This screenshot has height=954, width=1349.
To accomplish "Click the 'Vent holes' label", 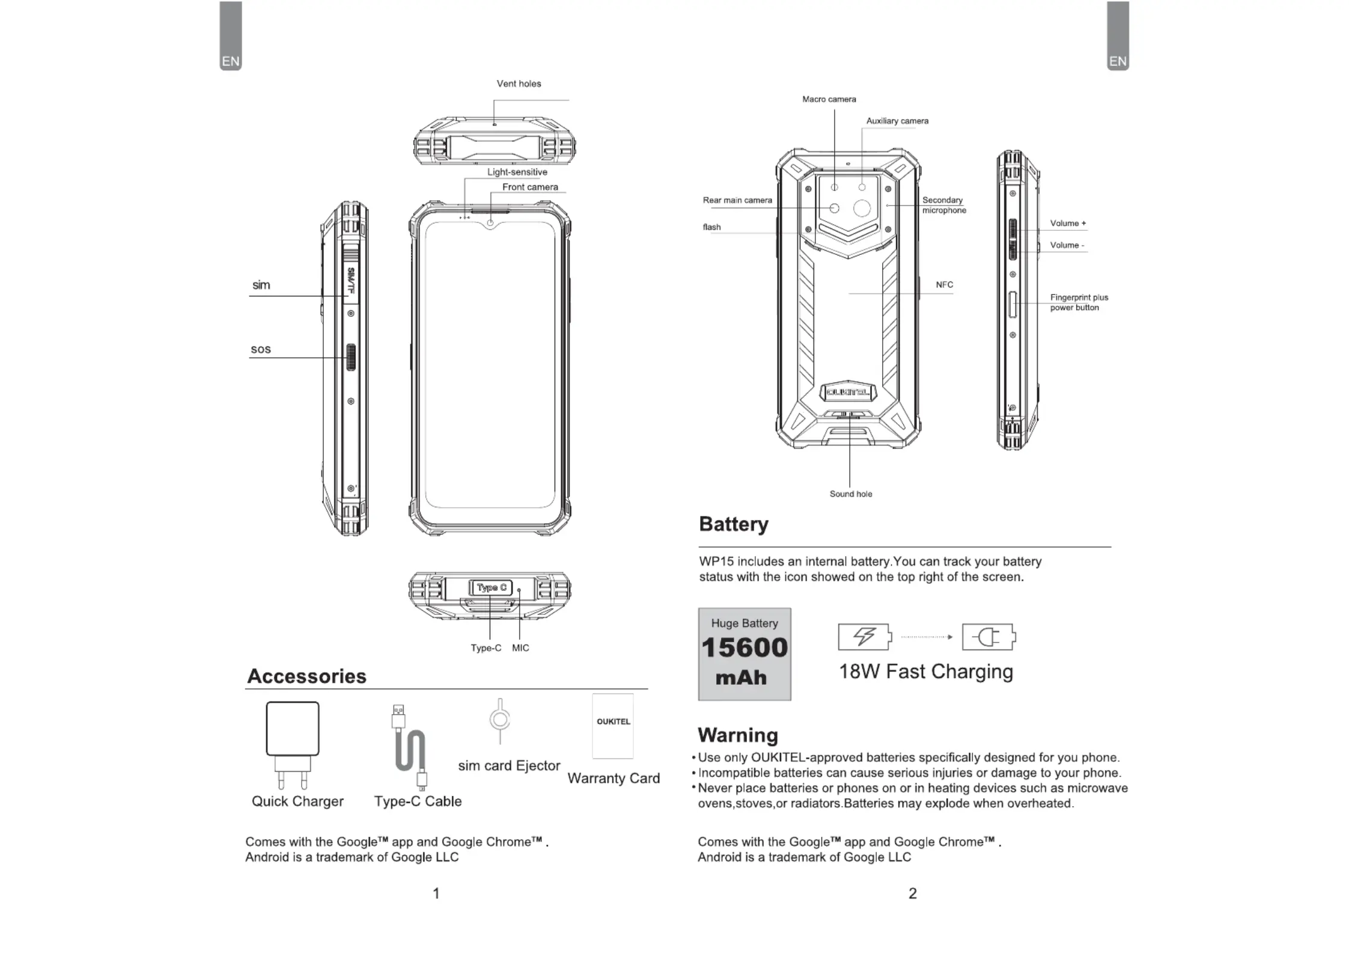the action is coord(519,84).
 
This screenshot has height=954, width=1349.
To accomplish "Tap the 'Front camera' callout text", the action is coord(530,187).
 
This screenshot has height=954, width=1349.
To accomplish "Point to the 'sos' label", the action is coord(261,349).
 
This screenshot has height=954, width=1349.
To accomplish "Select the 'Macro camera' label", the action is coord(829,99).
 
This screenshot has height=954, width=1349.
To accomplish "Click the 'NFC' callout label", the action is coord(944,285).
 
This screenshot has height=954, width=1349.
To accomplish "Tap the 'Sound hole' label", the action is coord(851,494).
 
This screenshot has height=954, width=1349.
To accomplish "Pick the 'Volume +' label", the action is coord(1068,223).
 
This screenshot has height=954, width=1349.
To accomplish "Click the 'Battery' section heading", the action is coord(734,524).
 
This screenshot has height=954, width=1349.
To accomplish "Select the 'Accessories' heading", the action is coord(306,676).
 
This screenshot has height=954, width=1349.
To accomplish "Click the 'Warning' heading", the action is coord(738,735).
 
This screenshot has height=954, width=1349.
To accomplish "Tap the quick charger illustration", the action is coord(293,745).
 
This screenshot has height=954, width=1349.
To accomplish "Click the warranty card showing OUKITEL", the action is coord(613,726).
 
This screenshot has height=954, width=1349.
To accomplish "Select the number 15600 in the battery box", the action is coord(745,647).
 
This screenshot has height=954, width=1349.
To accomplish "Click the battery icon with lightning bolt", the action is coord(865,637).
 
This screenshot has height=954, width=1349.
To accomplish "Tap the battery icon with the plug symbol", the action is coord(988,637).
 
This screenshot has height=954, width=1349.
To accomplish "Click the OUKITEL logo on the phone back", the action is coord(848,393).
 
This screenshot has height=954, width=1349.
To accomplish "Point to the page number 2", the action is coord(913,893).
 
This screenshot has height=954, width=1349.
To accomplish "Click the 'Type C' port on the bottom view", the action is coord(491,587).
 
